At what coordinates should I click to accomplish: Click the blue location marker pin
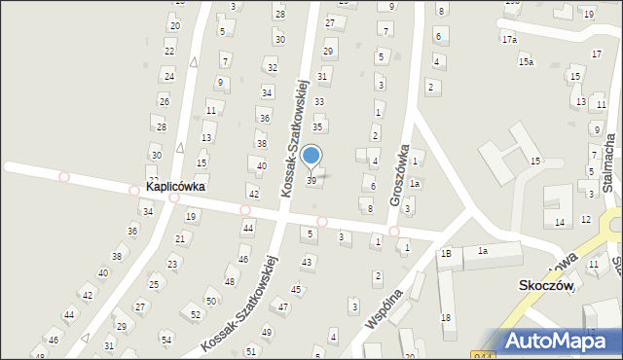311,157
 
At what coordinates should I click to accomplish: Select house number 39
311,181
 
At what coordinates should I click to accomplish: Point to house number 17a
509,40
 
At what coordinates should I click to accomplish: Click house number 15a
526,61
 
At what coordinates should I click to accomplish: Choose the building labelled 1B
446,253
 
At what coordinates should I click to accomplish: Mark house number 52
196,314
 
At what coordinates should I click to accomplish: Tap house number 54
166,339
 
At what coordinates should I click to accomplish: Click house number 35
317,127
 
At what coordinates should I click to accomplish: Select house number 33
318,101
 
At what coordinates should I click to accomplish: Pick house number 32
272,67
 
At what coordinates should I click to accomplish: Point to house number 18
445,318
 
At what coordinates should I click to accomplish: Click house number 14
559,223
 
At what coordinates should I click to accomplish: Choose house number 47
283,306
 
